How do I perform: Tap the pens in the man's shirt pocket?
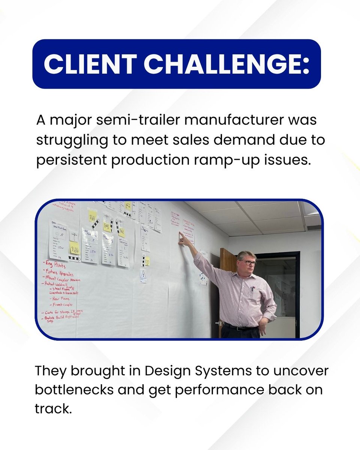(252, 289)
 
